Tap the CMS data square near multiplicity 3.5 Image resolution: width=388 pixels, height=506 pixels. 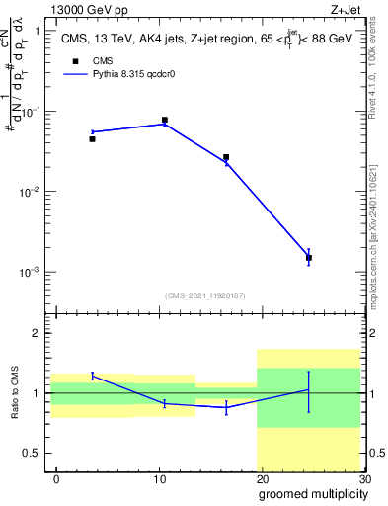click(x=92, y=139)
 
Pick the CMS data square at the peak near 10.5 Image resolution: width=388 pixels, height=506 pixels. click(x=164, y=120)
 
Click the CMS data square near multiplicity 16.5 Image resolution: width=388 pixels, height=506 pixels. click(x=226, y=157)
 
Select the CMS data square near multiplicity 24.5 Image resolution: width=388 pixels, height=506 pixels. click(x=309, y=257)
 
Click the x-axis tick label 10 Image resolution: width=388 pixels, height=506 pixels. click(x=159, y=478)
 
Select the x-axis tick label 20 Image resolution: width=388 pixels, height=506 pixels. click(x=262, y=478)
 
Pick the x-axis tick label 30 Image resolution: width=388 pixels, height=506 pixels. click(x=363, y=478)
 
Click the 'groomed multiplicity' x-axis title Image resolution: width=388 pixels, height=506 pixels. click(x=312, y=493)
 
